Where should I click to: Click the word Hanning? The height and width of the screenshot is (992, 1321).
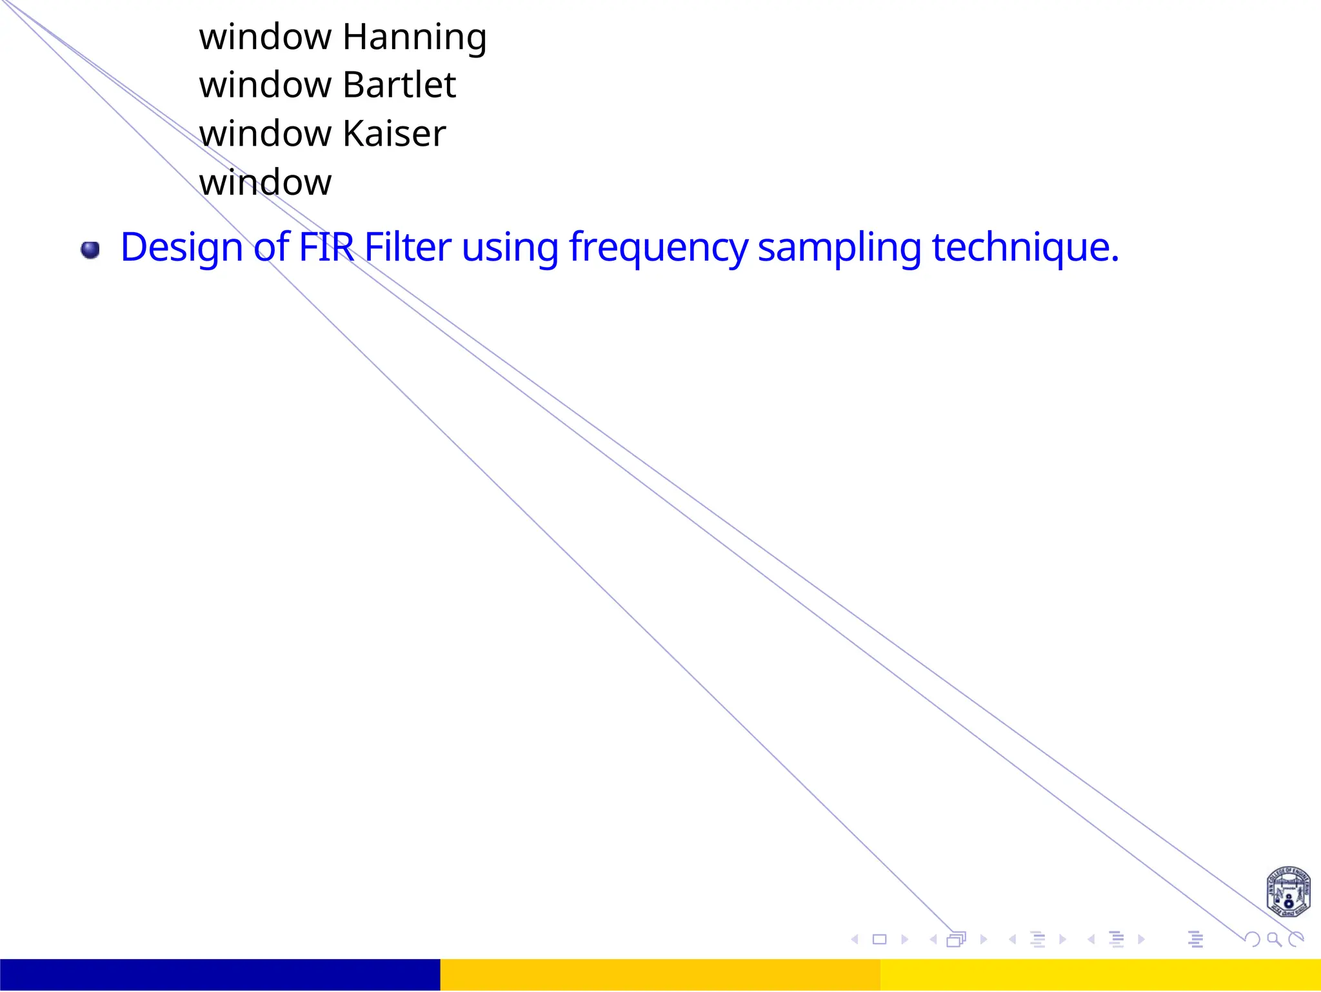pos(414,37)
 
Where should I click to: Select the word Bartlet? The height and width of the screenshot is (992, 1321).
pos(399,85)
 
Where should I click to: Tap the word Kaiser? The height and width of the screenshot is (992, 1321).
pos(394,134)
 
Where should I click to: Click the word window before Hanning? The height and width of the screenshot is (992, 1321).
pos(265,37)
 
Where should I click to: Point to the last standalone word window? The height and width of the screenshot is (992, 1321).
pos(265,183)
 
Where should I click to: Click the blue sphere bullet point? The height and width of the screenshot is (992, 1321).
pos(90,250)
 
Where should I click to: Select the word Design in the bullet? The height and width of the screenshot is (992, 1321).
pos(181,248)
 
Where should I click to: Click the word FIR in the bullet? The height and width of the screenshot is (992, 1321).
pos(326,246)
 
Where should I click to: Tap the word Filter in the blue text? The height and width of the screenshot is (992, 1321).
pos(408,246)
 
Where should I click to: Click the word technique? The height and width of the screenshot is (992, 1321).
pos(1025,248)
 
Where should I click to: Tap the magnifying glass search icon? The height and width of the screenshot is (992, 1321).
pos(1274,940)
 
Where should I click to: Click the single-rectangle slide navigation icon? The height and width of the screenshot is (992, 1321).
pos(879,940)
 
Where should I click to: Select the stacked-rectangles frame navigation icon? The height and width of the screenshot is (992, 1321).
pos(957,940)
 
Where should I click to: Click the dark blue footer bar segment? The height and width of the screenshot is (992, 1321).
pos(220,975)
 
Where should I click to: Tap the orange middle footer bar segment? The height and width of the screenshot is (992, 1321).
pos(660,975)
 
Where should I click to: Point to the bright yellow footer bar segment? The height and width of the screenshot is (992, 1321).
pos(1100,975)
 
